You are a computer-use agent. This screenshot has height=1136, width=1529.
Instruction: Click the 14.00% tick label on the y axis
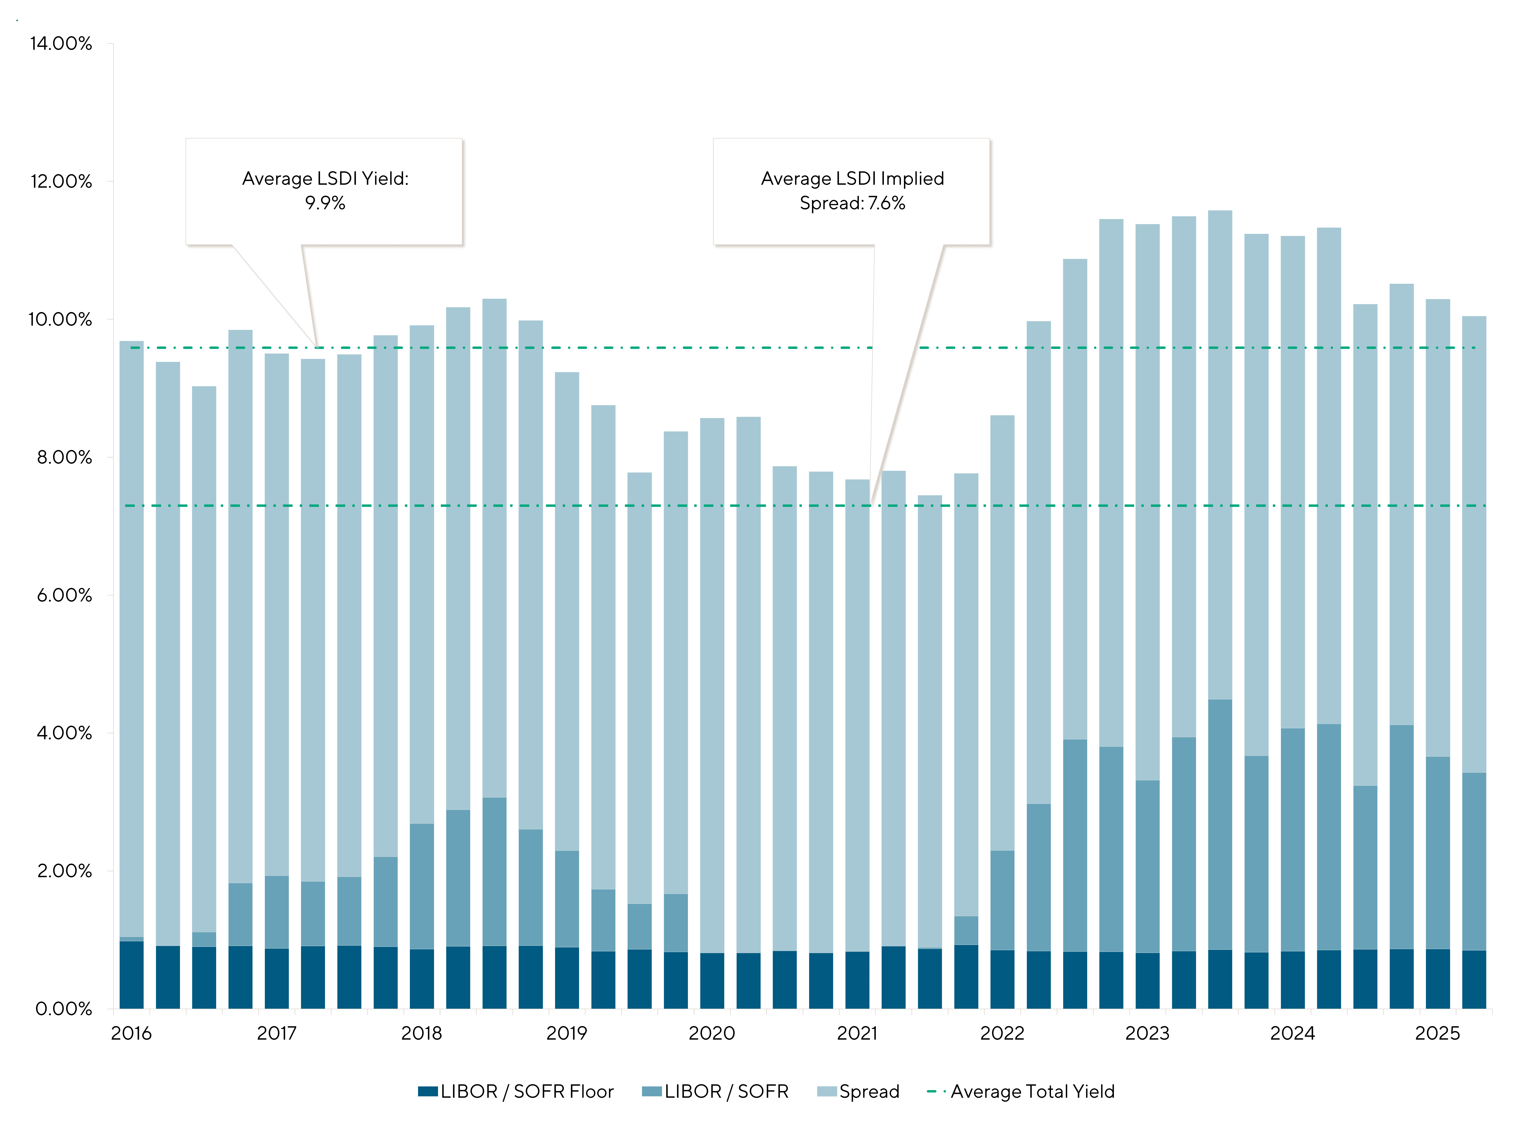coord(61,44)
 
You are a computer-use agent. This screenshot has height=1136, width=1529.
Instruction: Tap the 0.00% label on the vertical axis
coord(63,1009)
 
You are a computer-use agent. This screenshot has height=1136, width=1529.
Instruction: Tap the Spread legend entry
coord(869,1091)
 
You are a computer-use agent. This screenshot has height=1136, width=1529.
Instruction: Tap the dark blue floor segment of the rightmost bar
coord(1473,980)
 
